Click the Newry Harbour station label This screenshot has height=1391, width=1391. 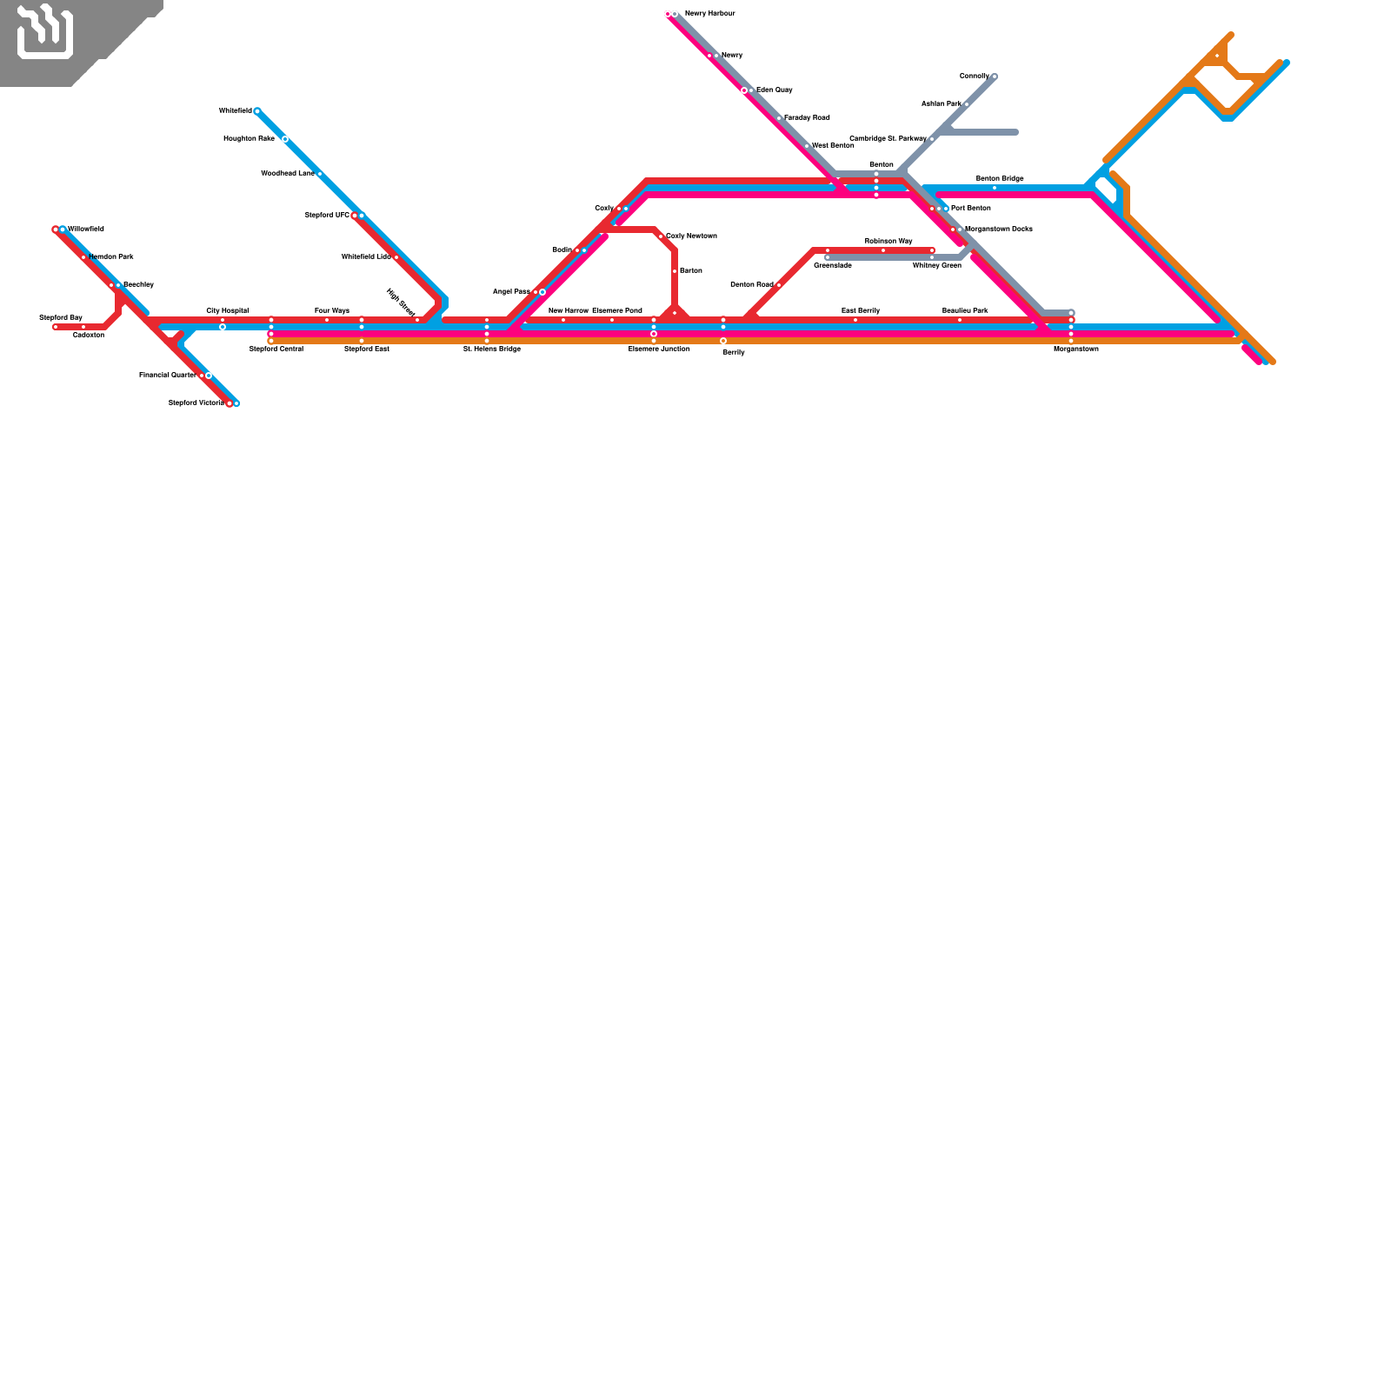(x=709, y=14)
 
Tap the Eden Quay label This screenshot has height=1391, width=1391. (x=774, y=90)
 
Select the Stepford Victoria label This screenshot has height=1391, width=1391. (x=196, y=403)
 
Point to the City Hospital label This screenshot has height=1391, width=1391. (x=227, y=310)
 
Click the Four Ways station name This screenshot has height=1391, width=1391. (x=332, y=310)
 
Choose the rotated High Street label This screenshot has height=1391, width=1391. (x=401, y=303)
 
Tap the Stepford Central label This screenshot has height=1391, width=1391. (x=276, y=349)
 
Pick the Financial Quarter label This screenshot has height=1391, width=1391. (x=167, y=376)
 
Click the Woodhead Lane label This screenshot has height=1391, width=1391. (x=287, y=174)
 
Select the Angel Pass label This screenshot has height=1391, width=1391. (x=511, y=292)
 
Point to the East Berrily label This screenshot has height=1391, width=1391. (x=861, y=310)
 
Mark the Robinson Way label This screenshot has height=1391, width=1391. (x=889, y=241)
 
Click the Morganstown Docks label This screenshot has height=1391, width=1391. (x=999, y=230)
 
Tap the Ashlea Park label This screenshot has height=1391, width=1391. (x=941, y=104)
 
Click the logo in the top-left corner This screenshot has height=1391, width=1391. (x=45, y=33)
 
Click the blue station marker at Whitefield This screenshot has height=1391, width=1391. (x=257, y=111)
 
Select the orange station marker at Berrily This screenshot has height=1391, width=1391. (x=723, y=341)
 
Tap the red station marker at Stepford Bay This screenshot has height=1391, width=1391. (x=56, y=327)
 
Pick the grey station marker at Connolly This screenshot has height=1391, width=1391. (x=995, y=77)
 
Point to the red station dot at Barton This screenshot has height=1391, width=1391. (x=675, y=271)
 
